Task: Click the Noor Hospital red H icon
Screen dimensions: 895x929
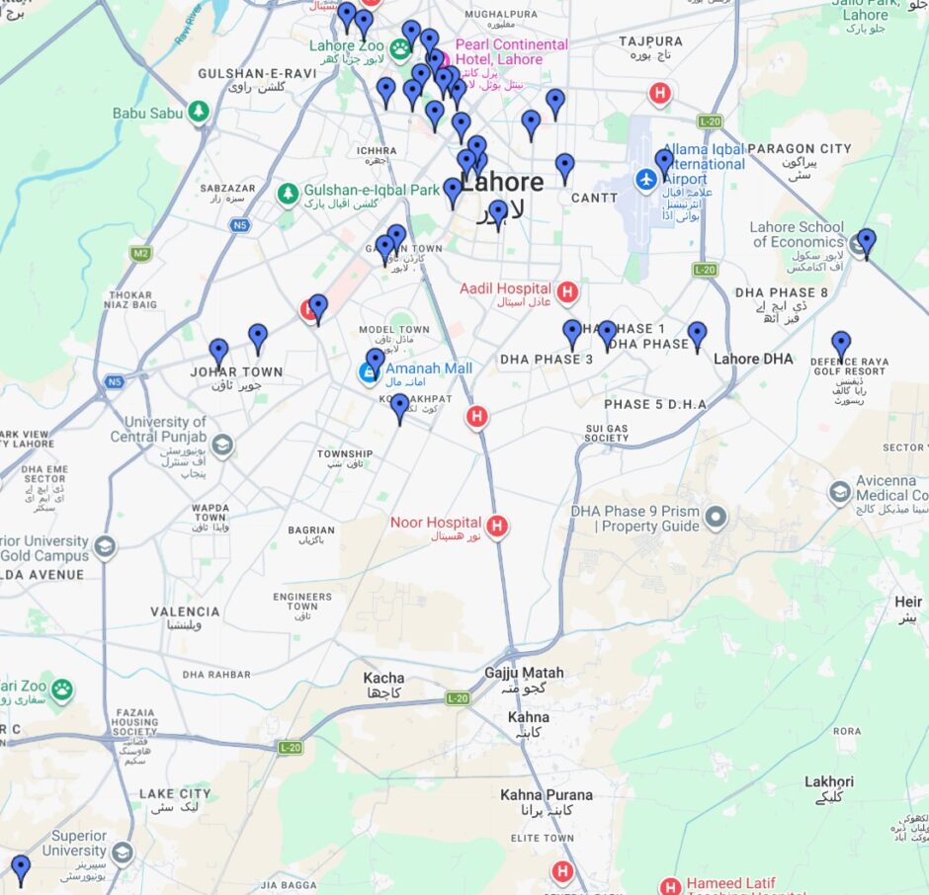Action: click(498, 526)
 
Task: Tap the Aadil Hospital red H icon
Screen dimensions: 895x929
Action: click(566, 292)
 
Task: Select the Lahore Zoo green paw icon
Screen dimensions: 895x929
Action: click(399, 48)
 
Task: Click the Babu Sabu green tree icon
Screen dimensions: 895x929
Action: click(200, 112)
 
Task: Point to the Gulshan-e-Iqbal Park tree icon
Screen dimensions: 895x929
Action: click(288, 193)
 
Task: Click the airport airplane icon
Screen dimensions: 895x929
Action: click(646, 180)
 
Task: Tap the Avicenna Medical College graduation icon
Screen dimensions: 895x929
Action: click(839, 491)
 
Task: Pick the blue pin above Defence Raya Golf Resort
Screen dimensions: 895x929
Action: click(841, 344)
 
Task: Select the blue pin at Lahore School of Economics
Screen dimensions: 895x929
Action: click(867, 241)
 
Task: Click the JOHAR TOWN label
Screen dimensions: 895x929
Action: click(236, 372)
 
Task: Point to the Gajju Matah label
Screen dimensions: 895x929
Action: click(523, 673)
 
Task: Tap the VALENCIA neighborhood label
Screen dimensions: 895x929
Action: click(185, 612)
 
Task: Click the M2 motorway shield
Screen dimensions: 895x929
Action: click(140, 254)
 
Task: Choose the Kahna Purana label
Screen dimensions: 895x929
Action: click(547, 795)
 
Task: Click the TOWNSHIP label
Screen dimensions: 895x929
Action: click(345, 454)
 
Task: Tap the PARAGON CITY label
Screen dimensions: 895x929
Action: click(799, 149)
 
